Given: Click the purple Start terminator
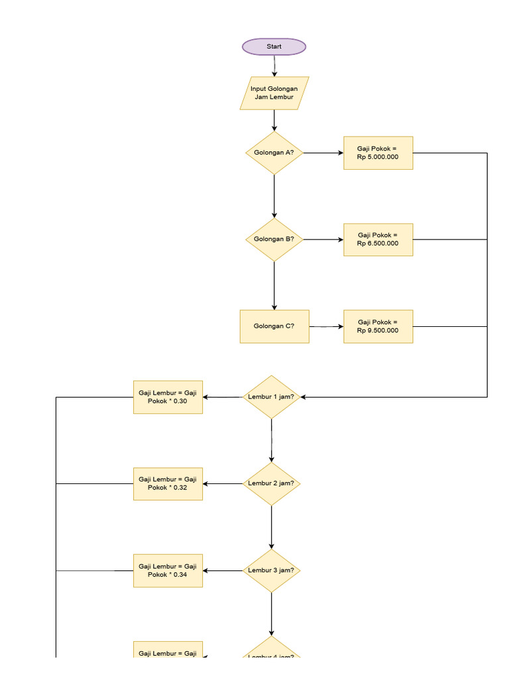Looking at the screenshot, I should pyautogui.click(x=274, y=46).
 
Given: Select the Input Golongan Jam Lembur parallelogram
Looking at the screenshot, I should pyautogui.click(x=274, y=93).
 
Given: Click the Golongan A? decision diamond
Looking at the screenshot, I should pyautogui.click(x=274, y=153).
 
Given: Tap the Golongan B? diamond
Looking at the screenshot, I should pyautogui.click(x=274, y=239).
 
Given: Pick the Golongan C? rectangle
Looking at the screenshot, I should pyautogui.click(x=274, y=326).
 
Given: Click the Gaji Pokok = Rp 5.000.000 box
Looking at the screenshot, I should pyautogui.click(x=378, y=153).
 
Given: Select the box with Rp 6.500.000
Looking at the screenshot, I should pyautogui.click(x=378, y=239).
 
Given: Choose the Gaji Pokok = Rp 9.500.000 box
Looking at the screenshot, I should pyautogui.click(x=378, y=326).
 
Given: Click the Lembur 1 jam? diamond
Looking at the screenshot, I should pyautogui.click(x=271, y=397).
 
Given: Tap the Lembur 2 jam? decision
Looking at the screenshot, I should pyautogui.click(x=271, y=484).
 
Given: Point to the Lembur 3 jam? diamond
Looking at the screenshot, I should pyautogui.click(x=271, y=571).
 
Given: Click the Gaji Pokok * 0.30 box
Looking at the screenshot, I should pyautogui.click(x=168, y=397).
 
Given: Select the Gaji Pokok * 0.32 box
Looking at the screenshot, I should pyautogui.click(x=168, y=484).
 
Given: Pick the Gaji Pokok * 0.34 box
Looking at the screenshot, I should pyautogui.click(x=168, y=571).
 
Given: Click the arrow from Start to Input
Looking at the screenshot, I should pyautogui.click(x=274, y=66).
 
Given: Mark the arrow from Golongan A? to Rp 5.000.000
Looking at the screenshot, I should pyautogui.click(x=323, y=153).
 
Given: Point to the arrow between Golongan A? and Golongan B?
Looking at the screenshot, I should pyautogui.click(x=274, y=196).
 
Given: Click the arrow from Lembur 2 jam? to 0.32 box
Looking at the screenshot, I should pyautogui.click(x=223, y=484).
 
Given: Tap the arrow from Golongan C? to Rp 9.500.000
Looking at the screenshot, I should pyautogui.click(x=326, y=327).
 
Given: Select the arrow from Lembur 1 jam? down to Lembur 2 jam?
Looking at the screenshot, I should pyautogui.click(x=271, y=441).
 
